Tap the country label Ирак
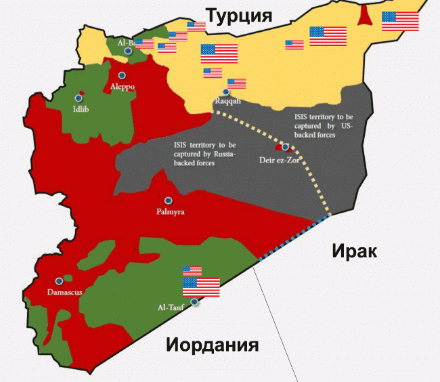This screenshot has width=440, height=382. pos(353,251)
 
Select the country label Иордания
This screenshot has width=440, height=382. pos(213,345)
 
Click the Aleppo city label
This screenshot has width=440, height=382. pos(123,87)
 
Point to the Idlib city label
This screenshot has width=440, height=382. pos(81,109)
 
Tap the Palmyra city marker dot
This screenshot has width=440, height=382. pos(169,200)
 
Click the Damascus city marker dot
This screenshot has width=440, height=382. pos(59,280)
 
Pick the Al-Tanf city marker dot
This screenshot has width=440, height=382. pos(195,301)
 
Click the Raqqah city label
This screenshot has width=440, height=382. pos(227,101)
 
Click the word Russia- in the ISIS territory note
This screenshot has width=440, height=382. pos(221,154)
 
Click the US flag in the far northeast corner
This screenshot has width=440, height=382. pos(399,21)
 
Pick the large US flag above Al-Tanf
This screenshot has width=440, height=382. pos(201,287)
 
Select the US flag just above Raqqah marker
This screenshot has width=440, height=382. pos(236,84)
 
